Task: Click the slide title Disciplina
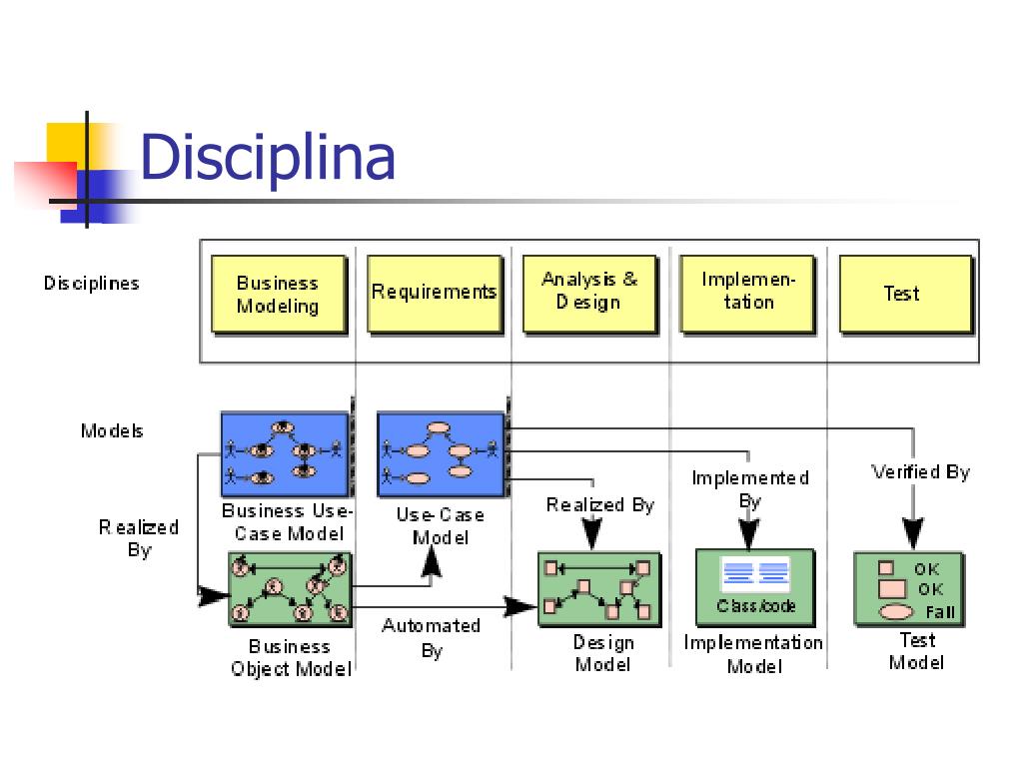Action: [268, 158]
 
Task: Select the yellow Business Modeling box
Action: [278, 295]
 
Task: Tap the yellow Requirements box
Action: [434, 293]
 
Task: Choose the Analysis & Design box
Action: [589, 293]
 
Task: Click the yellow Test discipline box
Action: [904, 294]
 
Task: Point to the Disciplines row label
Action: [92, 284]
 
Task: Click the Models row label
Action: [112, 431]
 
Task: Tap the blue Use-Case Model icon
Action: [441, 454]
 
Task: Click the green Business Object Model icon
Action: [291, 588]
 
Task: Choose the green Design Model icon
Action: [598, 588]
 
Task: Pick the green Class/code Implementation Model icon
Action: [755, 587]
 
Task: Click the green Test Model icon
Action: [908, 588]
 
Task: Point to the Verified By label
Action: [920, 472]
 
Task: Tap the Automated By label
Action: [432, 638]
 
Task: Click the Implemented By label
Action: [750, 488]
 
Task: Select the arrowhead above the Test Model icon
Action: [913, 531]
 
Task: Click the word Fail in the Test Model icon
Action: [940, 612]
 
